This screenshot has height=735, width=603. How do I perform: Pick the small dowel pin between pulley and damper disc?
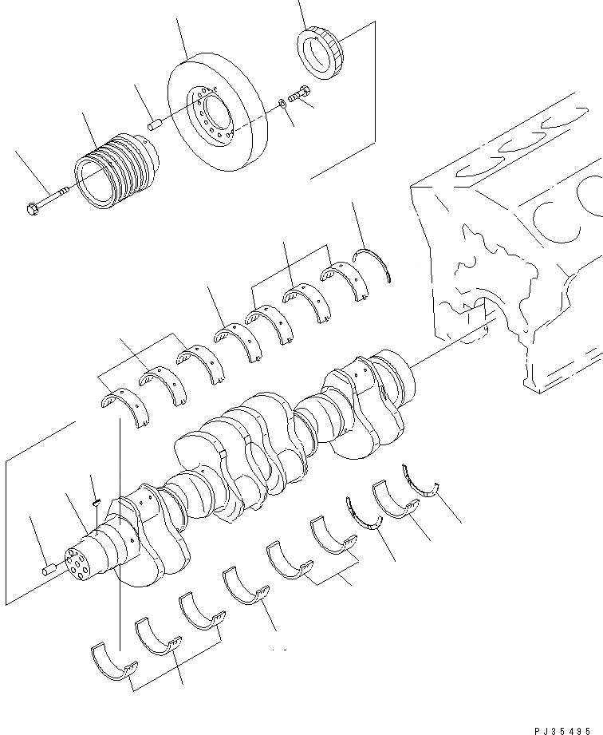click(x=156, y=124)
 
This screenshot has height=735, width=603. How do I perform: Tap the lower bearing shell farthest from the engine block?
click(x=111, y=659)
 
